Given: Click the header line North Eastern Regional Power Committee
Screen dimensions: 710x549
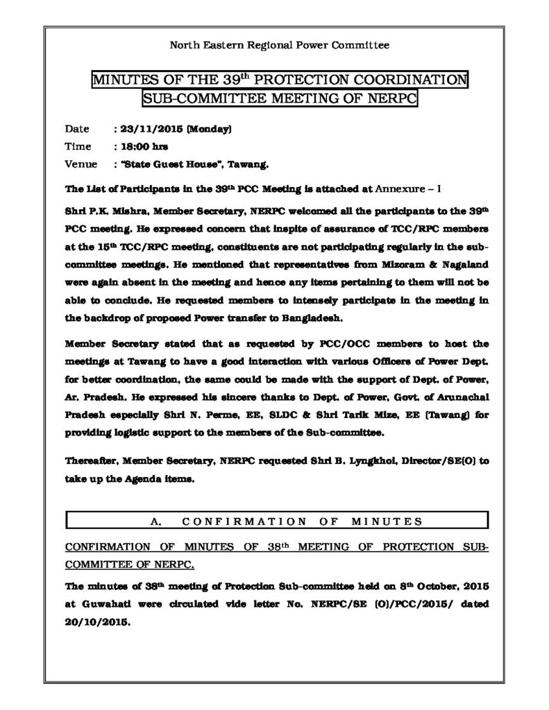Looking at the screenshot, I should click(x=280, y=45).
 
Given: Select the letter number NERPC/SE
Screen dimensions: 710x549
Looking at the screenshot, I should click(x=336, y=603).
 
